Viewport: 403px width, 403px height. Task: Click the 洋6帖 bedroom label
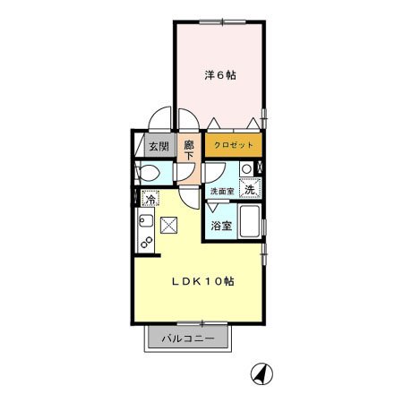pos(219,76)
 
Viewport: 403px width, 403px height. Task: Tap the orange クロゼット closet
pos(234,144)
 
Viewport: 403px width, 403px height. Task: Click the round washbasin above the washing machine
pos(246,167)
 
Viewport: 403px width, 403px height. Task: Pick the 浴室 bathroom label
pos(221,225)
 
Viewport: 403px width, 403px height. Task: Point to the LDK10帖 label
pos(203,280)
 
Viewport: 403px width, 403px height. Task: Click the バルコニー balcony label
pos(188,339)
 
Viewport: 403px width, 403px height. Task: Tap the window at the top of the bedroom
pos(219,21)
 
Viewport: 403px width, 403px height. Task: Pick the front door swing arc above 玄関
pos(159,119)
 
